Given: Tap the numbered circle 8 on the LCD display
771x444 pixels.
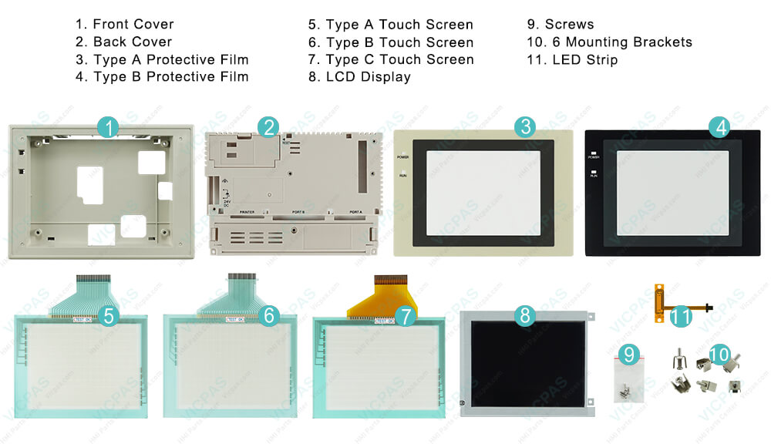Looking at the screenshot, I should (524, 314).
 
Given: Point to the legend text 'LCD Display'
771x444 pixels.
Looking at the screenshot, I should (368, 76).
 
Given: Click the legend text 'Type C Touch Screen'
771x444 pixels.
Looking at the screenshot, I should (399, 59).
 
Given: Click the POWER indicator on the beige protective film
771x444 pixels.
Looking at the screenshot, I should (403, 156).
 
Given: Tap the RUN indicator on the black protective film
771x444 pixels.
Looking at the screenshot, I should (594, 173).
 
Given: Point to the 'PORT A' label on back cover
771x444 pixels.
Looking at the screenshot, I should (355, 212).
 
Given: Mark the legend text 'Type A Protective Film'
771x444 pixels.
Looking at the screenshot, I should (170, 59).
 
